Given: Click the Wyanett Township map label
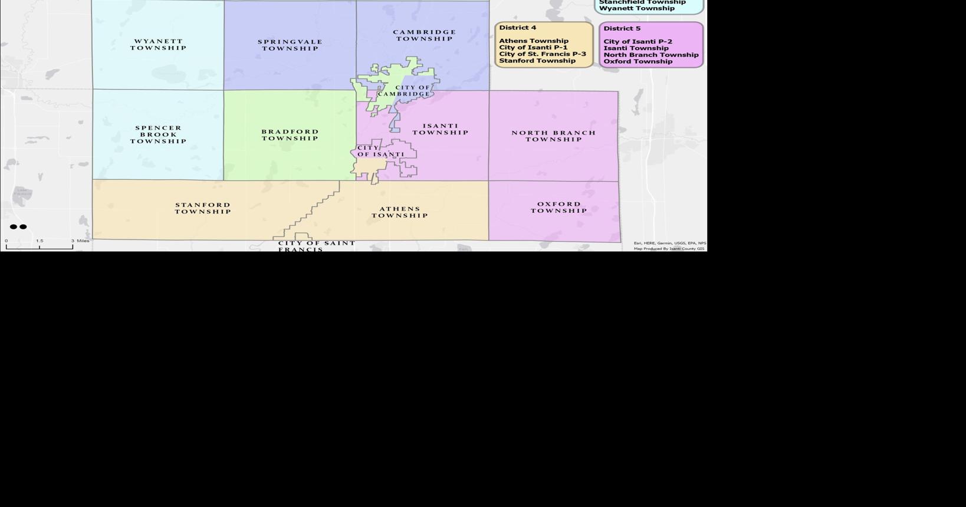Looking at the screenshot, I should click(158, 45).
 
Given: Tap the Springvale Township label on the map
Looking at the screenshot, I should click(290, 45).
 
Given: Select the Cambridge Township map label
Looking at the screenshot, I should click(425, 35).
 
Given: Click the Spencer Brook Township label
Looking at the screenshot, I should click(159, 134).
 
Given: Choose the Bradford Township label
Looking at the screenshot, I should click(290, 135).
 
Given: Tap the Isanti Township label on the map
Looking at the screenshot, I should click(441, 129).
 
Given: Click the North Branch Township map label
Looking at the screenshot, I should click(554, 136).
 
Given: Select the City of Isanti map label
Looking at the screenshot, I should click(381, 152).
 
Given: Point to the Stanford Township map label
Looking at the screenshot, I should click(203, 208).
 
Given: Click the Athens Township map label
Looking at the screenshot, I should click(400, 212).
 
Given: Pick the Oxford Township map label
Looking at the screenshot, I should click(558, 208).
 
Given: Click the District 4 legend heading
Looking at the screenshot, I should click(518, 28).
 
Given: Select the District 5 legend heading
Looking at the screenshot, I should click(622, 28).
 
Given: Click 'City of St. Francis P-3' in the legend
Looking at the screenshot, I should click(543, 54).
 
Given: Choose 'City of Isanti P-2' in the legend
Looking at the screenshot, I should click(638, 42).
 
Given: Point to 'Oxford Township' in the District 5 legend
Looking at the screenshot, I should click(638, 61).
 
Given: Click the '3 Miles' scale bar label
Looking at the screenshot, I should click(81, 241).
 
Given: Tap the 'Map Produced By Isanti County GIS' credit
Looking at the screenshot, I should click(669, 249).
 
